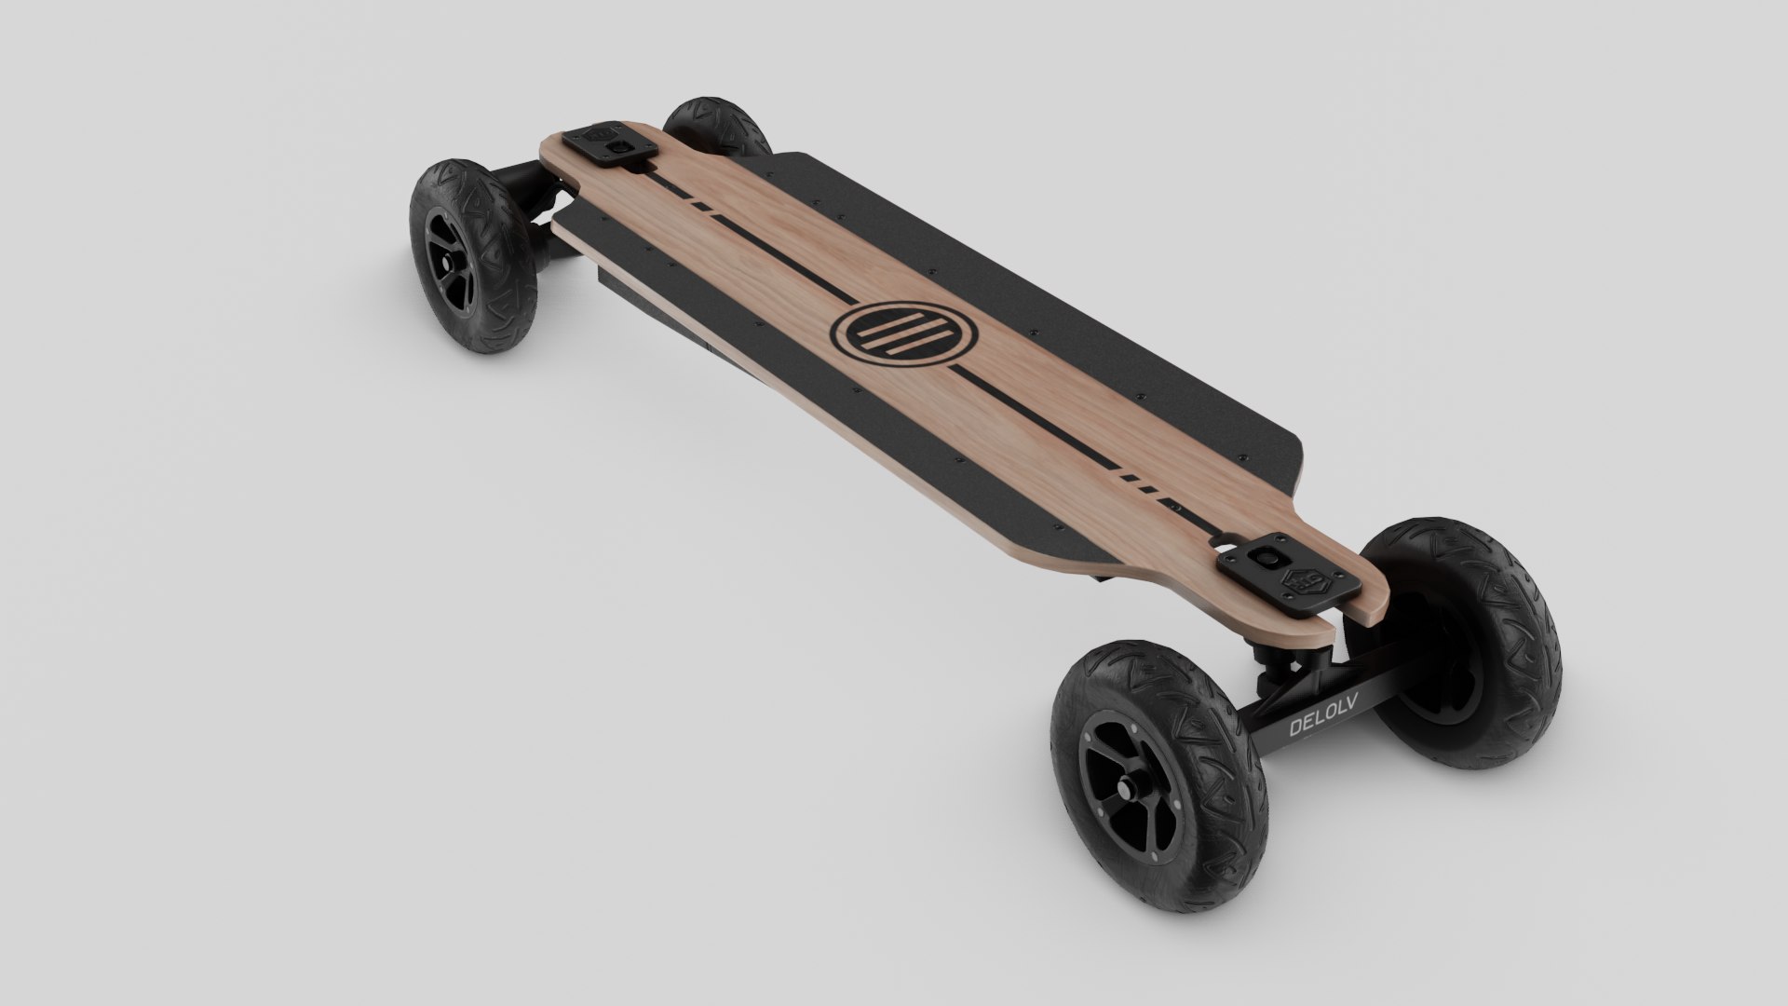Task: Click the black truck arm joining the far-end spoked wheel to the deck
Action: [518, 186]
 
